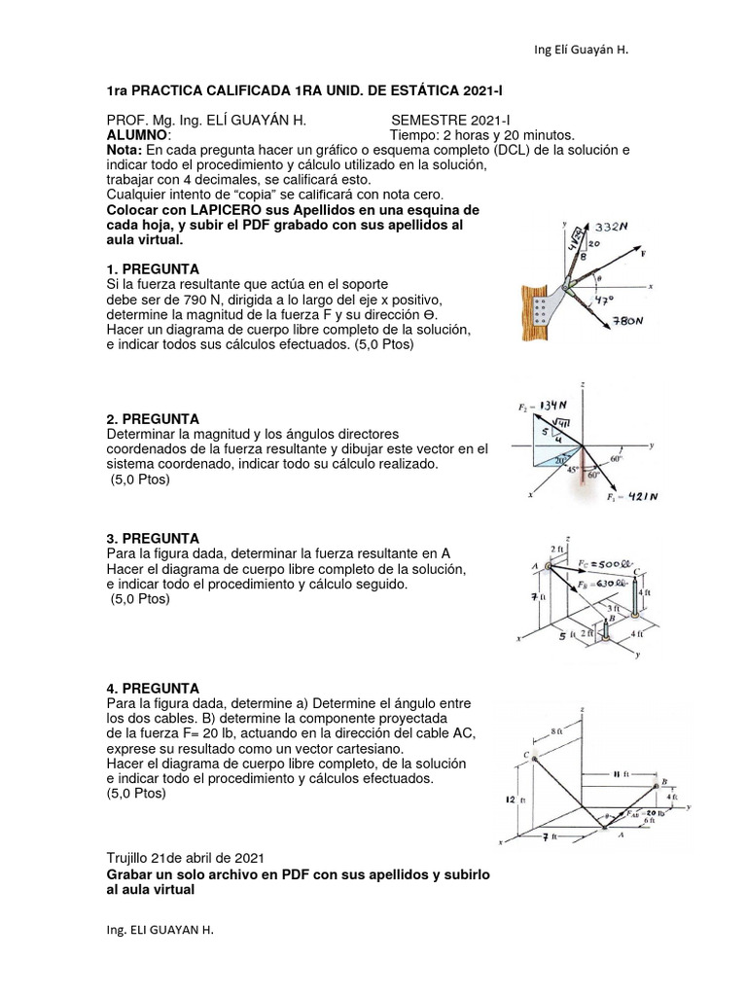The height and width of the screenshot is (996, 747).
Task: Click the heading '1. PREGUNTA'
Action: pos(153,268)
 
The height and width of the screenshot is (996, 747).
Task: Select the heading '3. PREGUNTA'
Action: pos(153,538)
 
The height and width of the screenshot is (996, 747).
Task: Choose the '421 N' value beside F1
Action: pos(640,496)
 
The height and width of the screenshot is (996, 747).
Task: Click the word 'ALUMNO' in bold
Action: pos(136,135)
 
